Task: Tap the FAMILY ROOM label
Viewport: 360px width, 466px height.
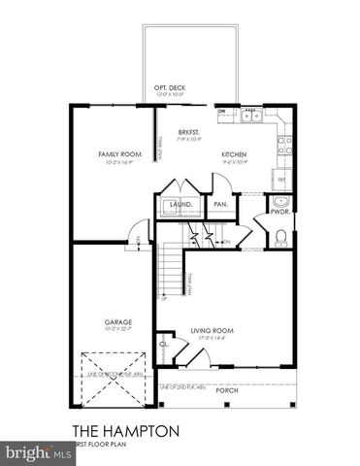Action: (118, 154)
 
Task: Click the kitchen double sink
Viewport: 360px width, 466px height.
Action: (250, 115)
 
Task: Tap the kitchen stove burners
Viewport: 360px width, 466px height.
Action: (284, 147)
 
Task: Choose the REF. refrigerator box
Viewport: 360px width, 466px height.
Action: (282, 180)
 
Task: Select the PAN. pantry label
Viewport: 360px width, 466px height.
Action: (220, 205)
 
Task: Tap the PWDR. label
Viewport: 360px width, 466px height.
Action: (280, 211)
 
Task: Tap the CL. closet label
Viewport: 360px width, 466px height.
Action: (164, 344)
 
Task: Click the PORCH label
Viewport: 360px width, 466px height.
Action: (226, 390)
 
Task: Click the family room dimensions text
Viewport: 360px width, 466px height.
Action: (118, 162)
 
